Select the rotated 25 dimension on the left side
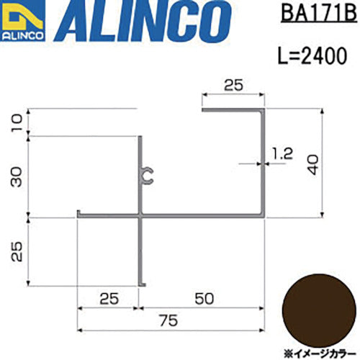point(16,251)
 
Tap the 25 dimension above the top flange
point(232,85)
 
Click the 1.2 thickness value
point(283,153)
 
